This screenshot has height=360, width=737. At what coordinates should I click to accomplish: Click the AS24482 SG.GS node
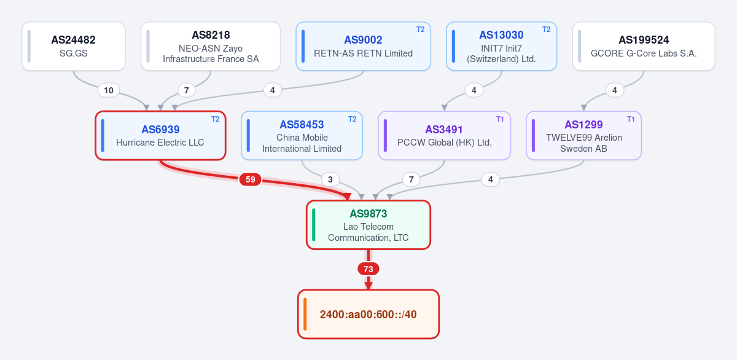(74, 46)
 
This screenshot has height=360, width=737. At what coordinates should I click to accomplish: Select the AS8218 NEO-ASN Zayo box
(211, 46)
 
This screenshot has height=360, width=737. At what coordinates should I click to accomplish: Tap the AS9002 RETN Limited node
(363, 46)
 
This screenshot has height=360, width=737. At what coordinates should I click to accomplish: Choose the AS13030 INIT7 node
(501, 46)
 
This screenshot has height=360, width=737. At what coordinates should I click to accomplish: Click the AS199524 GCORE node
(644, 46)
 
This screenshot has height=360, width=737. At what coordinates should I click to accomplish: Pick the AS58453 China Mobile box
(302, 136)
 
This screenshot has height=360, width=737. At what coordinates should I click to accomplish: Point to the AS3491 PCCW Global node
(444, 136)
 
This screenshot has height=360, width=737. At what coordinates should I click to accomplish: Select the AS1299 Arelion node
(583, 136)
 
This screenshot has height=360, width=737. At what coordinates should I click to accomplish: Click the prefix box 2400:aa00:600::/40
(368, 315)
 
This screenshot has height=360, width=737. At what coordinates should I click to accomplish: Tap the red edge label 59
(251, 179)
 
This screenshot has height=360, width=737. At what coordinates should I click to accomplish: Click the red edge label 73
(368, 269)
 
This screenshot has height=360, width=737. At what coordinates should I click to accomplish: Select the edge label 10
(109, 90)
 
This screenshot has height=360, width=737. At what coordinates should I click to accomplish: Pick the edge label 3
(330, 179)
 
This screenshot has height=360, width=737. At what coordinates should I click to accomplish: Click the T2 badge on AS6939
(215, 119)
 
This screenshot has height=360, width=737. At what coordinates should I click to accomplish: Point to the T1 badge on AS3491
(500, 119)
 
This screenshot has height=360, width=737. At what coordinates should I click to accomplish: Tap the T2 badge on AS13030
(546, 29)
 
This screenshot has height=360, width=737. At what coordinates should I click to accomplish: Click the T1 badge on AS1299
(631, 119)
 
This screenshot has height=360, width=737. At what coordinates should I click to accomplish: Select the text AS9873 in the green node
(368, 214)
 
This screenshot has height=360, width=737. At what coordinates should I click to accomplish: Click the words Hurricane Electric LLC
(160, 143)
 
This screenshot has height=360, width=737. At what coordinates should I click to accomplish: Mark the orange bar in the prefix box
(305, 315)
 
